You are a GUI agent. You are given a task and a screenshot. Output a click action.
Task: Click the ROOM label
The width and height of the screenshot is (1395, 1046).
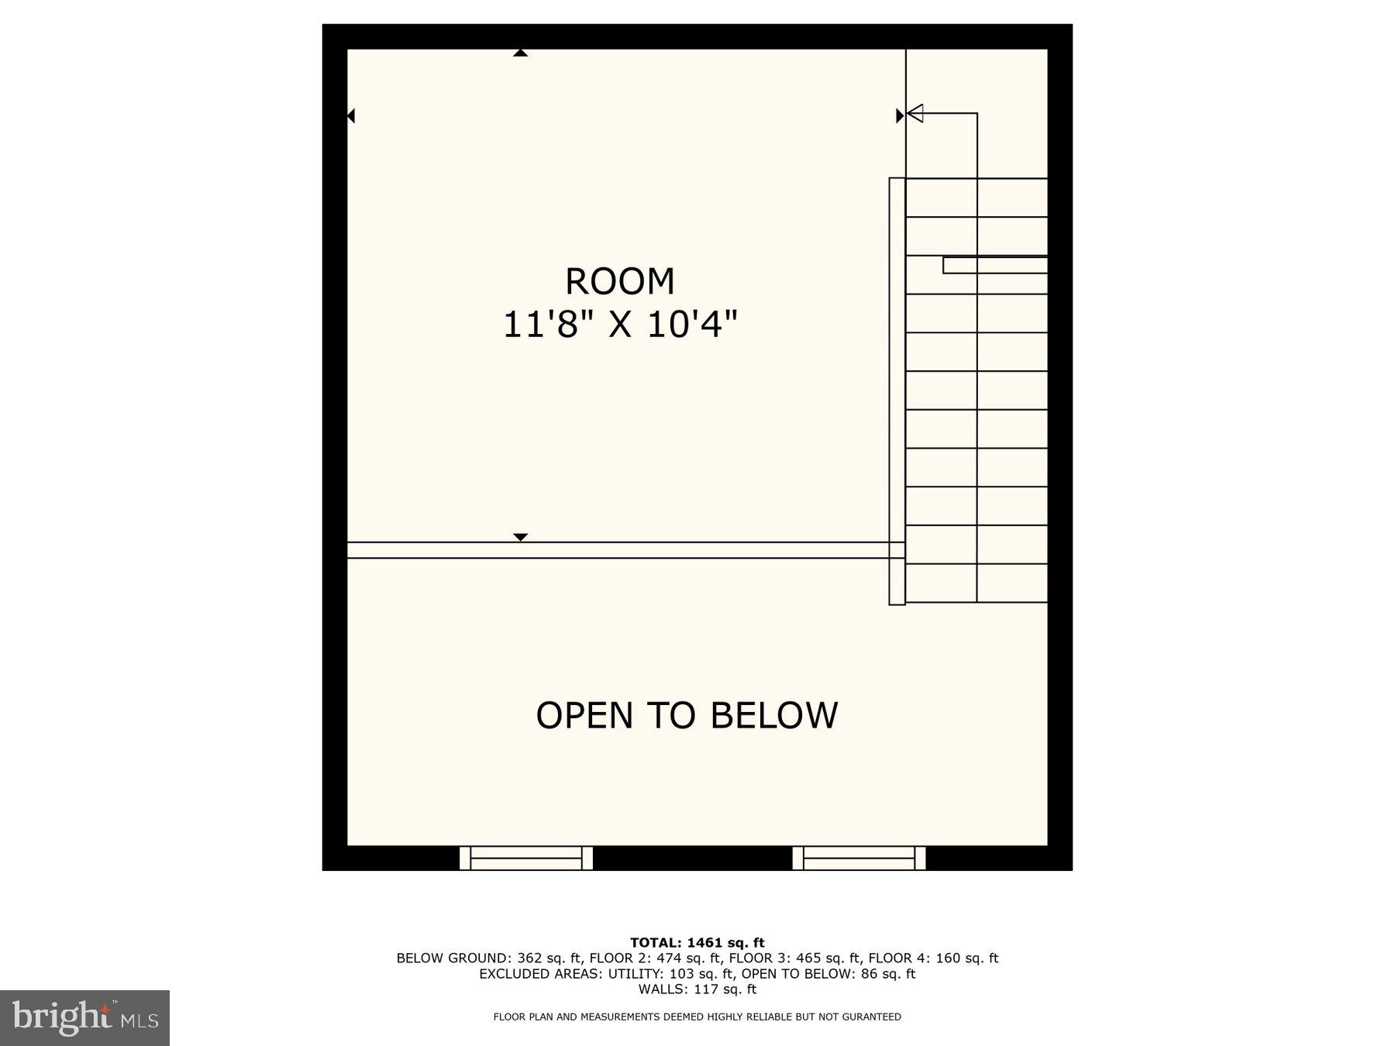click(620, 281)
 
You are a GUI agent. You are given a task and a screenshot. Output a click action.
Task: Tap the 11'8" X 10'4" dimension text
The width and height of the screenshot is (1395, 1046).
click(620, 323)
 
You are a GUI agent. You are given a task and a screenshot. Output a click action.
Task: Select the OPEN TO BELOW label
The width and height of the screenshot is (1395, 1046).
click(687, 715)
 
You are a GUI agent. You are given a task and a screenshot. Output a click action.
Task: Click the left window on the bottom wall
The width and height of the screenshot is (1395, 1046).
click(526, 858)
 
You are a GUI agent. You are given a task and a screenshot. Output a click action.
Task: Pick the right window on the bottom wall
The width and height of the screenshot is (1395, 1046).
click(859, 858)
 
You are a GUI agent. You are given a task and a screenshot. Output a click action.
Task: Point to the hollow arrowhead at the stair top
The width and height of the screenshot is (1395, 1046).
click(915, 114)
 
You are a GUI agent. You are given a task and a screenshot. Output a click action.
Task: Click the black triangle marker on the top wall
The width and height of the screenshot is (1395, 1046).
click(520, 53)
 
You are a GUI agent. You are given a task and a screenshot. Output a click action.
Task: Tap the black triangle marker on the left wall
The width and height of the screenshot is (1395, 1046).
click(351, 115)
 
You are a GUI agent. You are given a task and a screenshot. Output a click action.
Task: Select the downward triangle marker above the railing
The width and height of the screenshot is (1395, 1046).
click(520, 537)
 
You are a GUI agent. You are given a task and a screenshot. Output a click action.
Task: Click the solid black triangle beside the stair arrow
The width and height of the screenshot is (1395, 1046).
click(900, 115)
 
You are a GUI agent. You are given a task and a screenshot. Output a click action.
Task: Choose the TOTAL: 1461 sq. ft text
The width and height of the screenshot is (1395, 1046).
click(697, 943)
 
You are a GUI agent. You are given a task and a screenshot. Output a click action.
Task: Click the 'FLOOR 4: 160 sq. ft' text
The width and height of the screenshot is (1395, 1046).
click(933, 958)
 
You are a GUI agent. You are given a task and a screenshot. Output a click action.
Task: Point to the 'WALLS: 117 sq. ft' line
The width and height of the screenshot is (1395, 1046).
click(697, 989)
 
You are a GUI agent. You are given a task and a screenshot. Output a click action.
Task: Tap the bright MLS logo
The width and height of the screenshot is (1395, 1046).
click(84, 1017)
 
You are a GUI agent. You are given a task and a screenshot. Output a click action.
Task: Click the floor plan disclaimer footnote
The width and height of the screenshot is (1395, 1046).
click(697, 1017)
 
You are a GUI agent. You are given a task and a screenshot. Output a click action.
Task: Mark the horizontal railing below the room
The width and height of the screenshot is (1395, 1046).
click(620, 550)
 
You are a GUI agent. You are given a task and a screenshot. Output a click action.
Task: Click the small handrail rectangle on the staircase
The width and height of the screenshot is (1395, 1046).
click(995, 265)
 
